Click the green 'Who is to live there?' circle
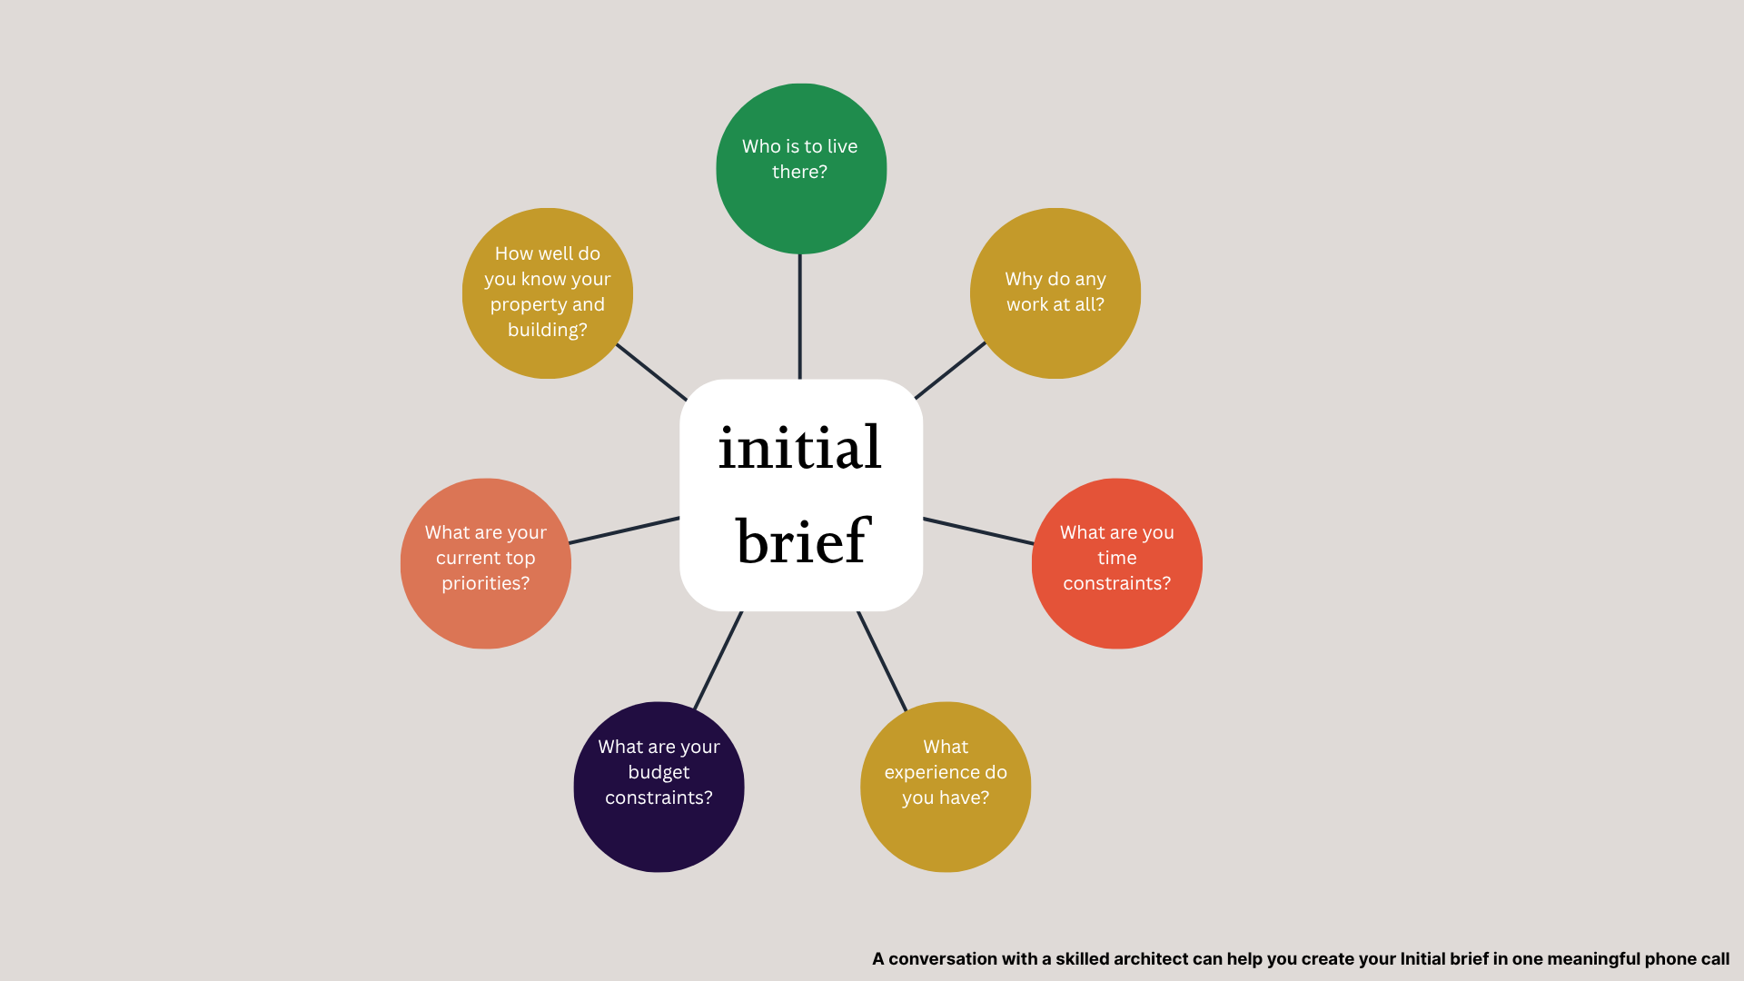(x=800, y=169)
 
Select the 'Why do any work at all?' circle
(x=1055, y=292)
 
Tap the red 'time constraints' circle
(x=1116, y=563)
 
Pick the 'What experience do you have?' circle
(x=945, y=787)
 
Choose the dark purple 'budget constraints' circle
(x=659, y=787)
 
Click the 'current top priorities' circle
(x=485, y=563)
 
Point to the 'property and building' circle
(x=547, y=292)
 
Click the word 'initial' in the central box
(x=799, y=448)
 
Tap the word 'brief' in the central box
(x=803, y=541)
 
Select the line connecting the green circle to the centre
(x=799, y=316)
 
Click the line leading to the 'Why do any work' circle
(x=950, y=371)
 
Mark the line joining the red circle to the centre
(x=978, y=531)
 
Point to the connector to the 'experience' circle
(x=882, y=660)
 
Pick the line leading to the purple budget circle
(x=718, y=660)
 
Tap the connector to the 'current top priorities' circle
(x=624, y=530)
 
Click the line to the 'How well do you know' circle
(x=651, y=372)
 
